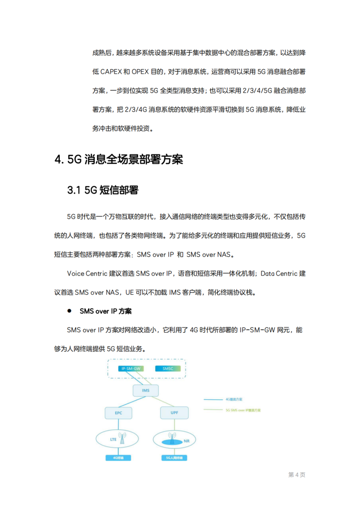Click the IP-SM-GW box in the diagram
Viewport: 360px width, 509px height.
pyautogui.click(x=130, y=369)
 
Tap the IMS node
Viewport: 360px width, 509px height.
pyautogui.click(x=146, y=390)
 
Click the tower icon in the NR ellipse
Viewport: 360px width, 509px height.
pyautogui.click(x=171, y=436)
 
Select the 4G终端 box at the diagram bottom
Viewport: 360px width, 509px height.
pyautogui.click(x=118, y=458)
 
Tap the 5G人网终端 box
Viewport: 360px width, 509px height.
pyautogui.click(x=174, y=458)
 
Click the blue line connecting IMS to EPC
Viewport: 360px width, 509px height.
pyautogui.click(x=130, y=402)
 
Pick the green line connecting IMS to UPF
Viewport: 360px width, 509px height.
pyautogui.click(x=160, y=402)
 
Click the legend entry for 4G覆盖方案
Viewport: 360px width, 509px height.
pyautogui.click(x=234, y=399)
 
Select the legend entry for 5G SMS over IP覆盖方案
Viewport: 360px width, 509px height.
pyautogui.click(x=243, y=410)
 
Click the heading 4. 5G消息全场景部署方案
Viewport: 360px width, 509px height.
pyautogui.click(x=119, y=160)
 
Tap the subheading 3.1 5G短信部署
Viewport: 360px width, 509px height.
pyautogui.click(x=103, y=190)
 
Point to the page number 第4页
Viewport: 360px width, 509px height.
pyautogui.click(x=297, y=475)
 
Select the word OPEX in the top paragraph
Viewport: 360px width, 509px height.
pyautogui.click(x=144, y=71)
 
